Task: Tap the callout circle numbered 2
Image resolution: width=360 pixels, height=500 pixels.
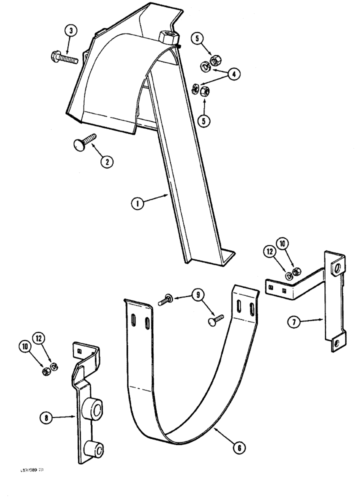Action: click(106, 161)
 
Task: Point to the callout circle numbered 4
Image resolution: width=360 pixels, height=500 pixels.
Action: click(233, 74)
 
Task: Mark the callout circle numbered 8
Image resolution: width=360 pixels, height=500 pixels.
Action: click(46, 416)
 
